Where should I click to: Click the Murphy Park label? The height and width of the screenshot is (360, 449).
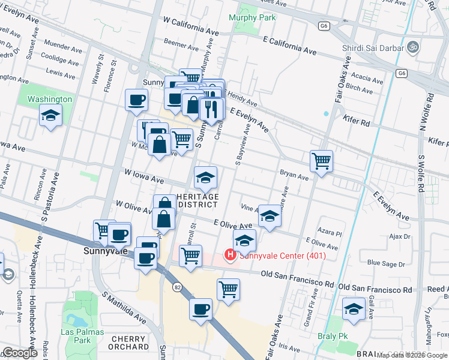pyautogui.click(x=253, y=17)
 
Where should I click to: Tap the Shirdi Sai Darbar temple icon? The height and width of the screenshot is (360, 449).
pyautogui.click(x=412, y=45)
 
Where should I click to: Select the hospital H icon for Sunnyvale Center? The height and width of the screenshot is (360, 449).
pyautogui.click(x=230, y=255)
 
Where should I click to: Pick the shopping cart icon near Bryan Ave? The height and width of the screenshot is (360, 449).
pyautogui.click(x=322, y=161)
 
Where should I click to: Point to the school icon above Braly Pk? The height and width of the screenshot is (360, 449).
pyautogui.click(x=354, y=309)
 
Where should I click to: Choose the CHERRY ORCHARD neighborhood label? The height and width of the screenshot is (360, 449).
pyautogui.click(x=129, y=343)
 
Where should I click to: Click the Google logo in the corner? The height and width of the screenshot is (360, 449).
pyautogui.click(x=20, y=353)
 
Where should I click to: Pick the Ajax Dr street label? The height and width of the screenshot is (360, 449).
pyautogui.click(x=399, y=236)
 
